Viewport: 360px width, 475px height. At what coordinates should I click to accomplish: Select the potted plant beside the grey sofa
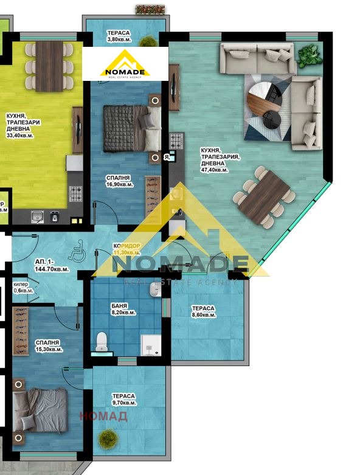(308, 56)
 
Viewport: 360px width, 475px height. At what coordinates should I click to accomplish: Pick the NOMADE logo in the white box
(133, 64)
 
